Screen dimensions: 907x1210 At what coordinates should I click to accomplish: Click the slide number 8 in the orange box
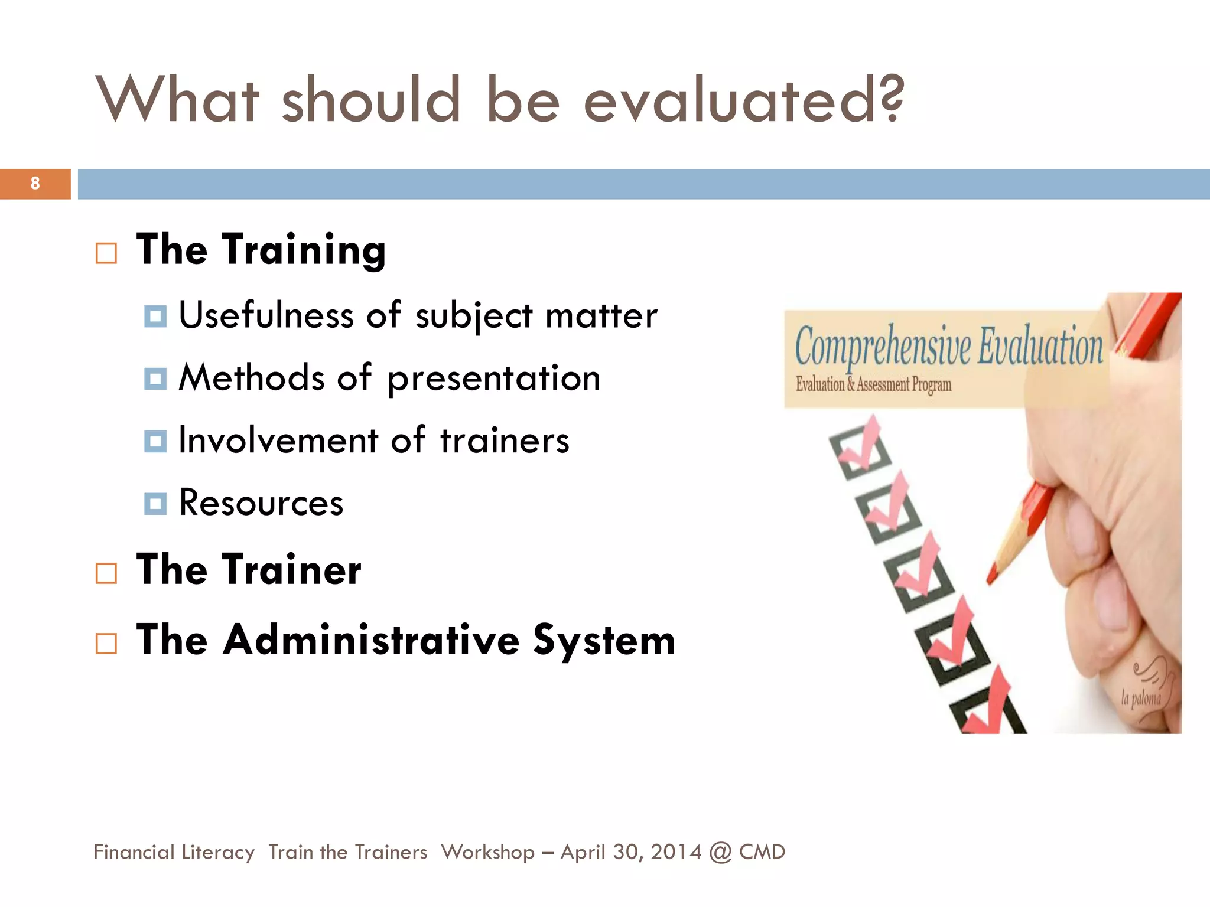click(x=35, y=184)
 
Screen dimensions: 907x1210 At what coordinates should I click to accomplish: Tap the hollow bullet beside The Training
click(x=106, y=253)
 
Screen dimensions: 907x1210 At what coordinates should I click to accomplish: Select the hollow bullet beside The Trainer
click(x=106, y=573)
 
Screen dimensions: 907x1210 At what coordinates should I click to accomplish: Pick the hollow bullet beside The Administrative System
click(x=106, y=643)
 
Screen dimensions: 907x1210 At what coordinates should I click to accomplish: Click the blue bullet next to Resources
click(x=155, y=504)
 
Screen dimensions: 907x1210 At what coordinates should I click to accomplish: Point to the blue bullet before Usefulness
click(x=155, y=317)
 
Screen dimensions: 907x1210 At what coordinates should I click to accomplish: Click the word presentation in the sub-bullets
click(x=494, y=379)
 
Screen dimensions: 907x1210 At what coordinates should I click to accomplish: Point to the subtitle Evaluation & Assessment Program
click(x=873, y=385)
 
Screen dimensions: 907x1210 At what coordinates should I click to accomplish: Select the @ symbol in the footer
click(x=720, y=853)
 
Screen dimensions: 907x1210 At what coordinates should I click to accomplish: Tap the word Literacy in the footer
click(x=218, y=853)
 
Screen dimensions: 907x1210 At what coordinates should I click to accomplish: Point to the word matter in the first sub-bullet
click(x=601, y=316)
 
